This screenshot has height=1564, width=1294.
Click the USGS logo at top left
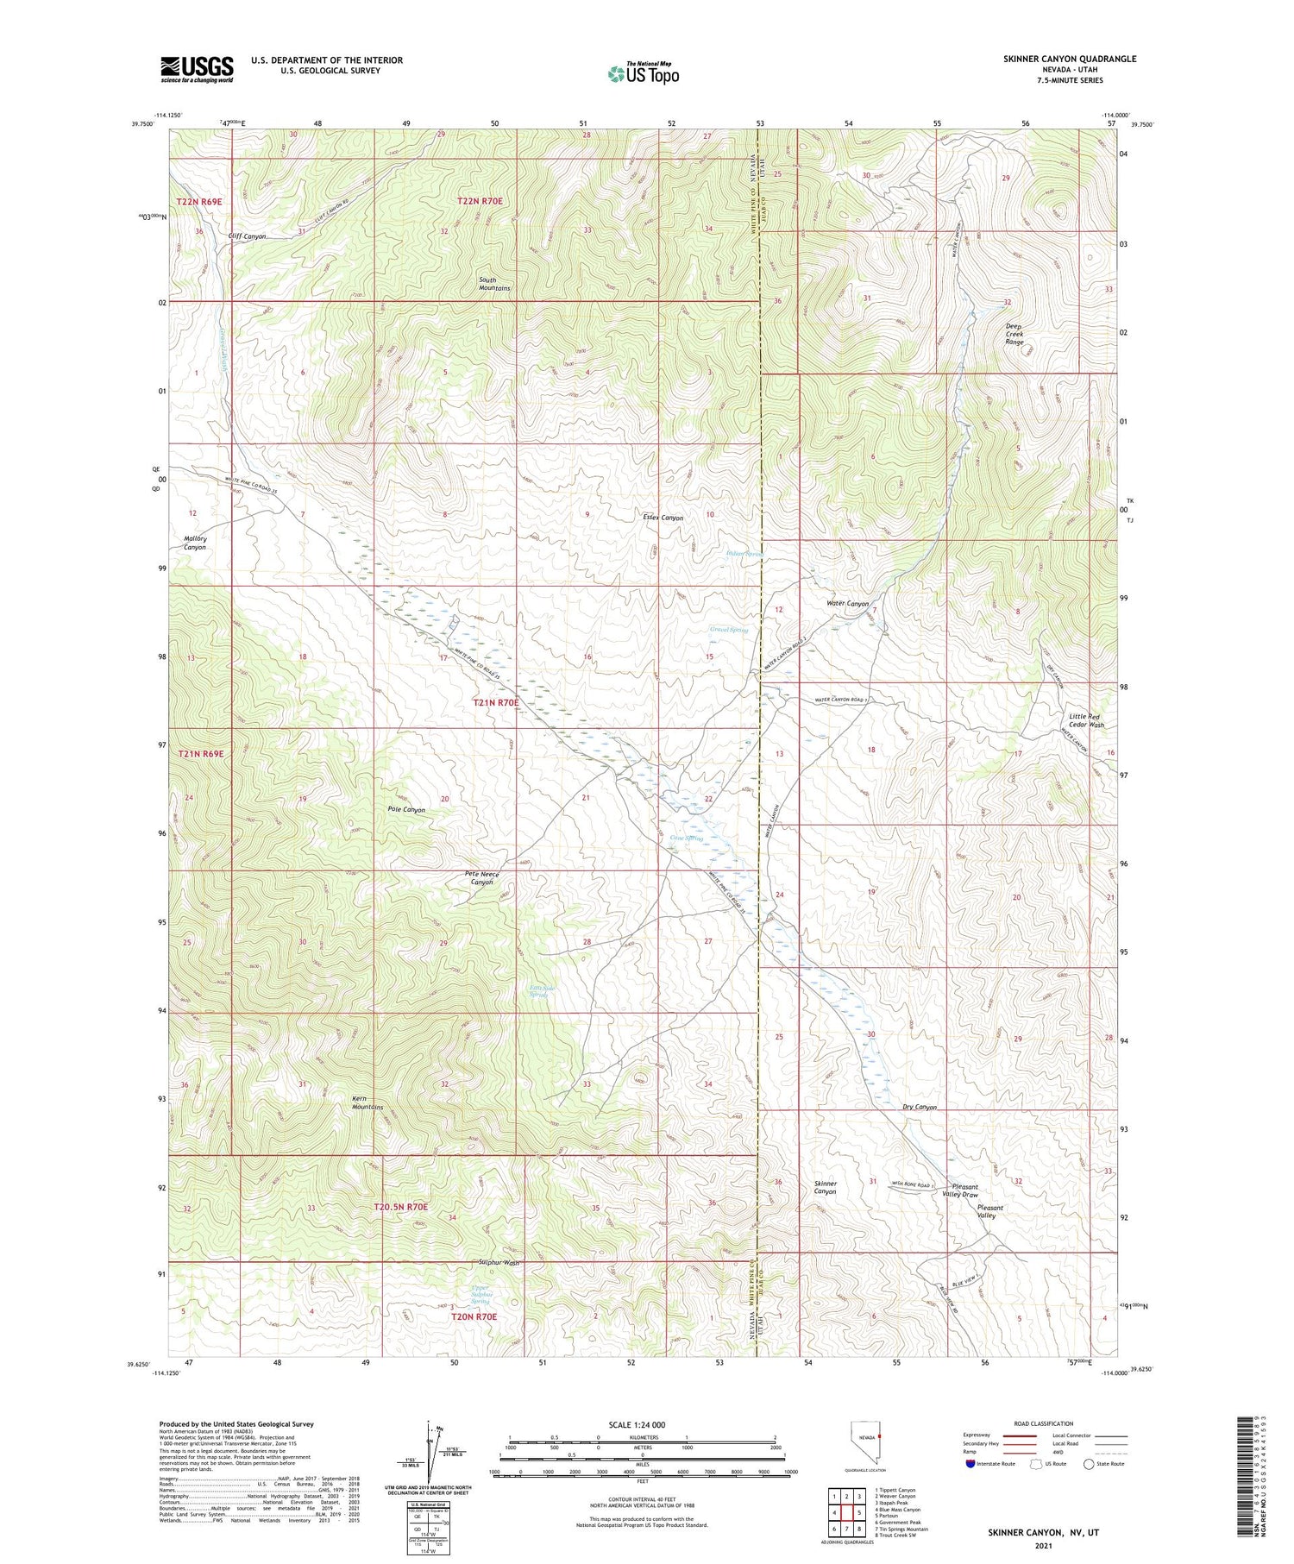tap(197, 69)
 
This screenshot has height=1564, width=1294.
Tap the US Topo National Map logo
tap(644, 73)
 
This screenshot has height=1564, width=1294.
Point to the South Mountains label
tap(495, 284)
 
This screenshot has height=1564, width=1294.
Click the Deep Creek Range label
tap(1014, 334)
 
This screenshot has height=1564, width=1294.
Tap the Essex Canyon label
tap(663, 518)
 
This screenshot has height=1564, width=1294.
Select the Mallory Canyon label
tap(195, 543)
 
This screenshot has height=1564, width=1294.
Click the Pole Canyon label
tap(406, 810)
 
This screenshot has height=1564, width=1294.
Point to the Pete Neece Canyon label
tap(482, 878)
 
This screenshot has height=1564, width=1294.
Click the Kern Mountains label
tap(367, 1102)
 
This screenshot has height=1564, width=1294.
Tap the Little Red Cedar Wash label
tap(1085, 720)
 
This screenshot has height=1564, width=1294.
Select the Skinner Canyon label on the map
tap(825, 1187)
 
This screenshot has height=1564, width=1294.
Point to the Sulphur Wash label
tap(499, 1262)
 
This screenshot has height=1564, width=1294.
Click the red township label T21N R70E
tap(496, 703)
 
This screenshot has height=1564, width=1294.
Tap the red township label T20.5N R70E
tap(400, 1206)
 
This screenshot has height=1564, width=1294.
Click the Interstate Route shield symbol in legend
tap(970, 1464)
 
